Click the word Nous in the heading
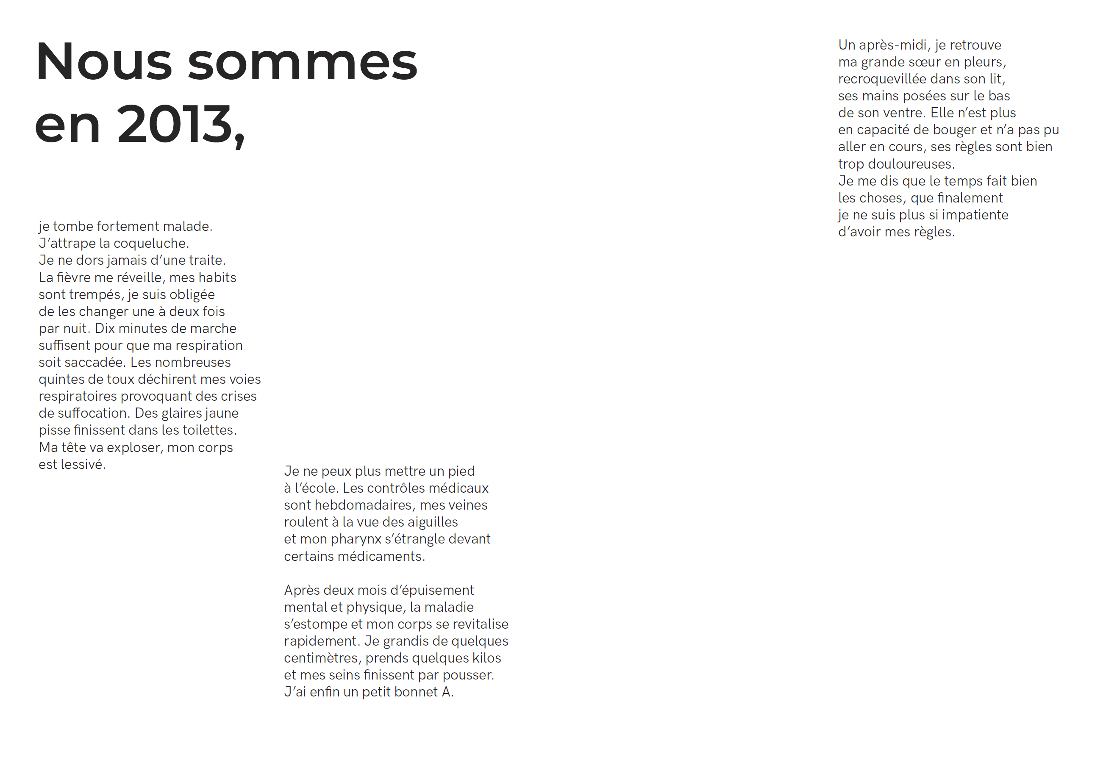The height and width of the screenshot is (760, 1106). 103,62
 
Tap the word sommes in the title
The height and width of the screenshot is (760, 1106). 303,62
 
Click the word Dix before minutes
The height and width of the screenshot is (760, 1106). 104,329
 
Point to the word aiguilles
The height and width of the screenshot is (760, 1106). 431,522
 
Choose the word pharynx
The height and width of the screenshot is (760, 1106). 356,540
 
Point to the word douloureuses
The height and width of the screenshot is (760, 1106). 911,164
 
